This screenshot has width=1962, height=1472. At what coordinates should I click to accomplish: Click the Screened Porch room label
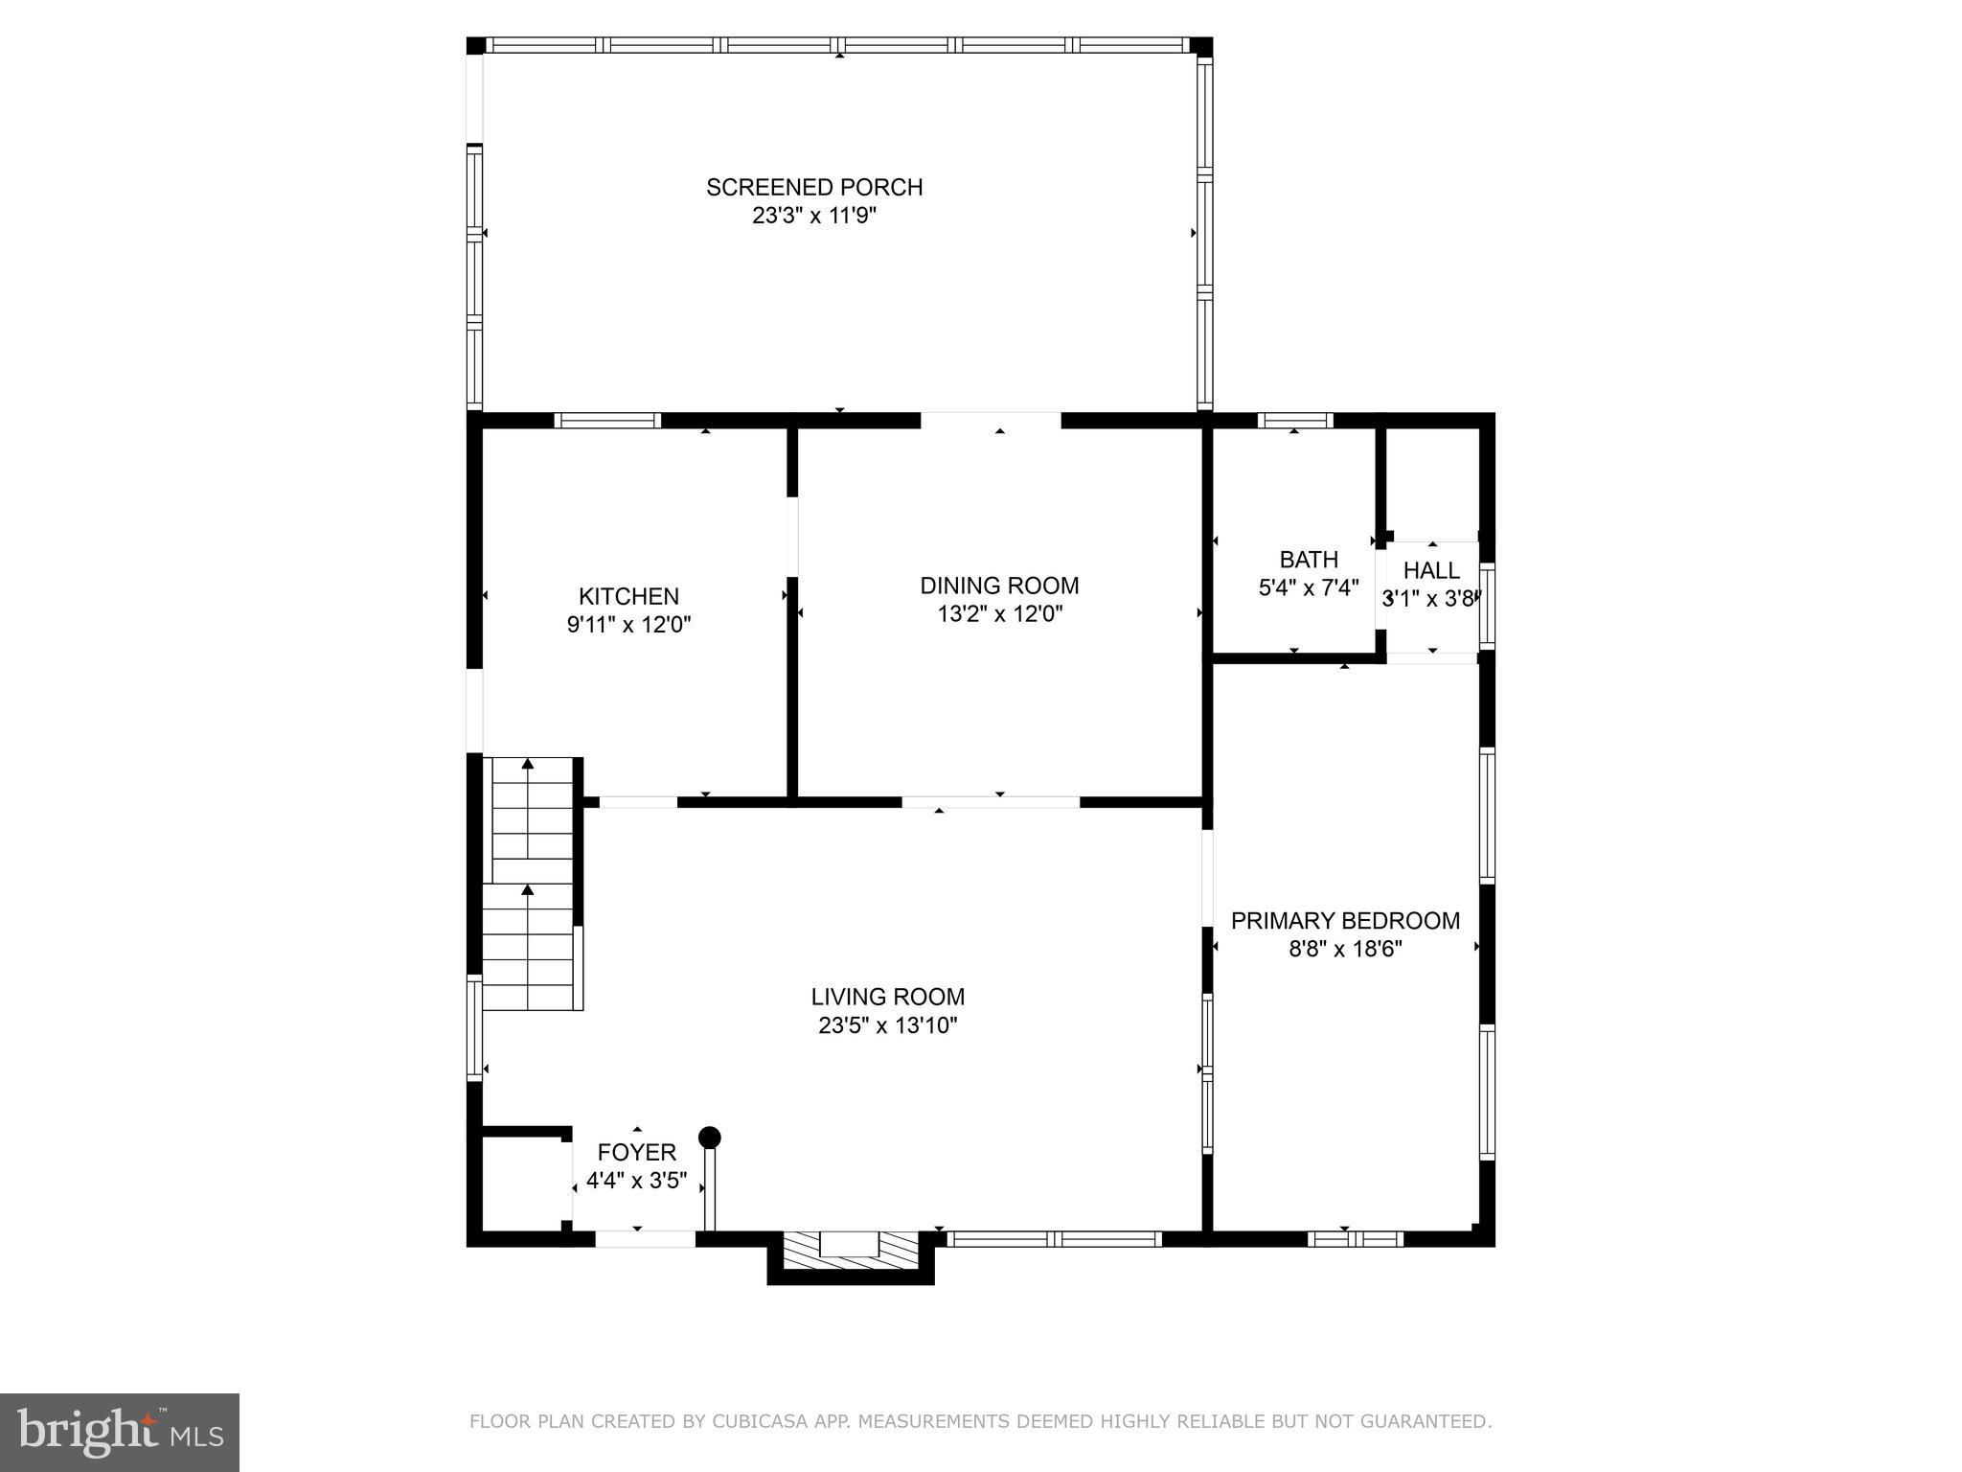tap(814, 187)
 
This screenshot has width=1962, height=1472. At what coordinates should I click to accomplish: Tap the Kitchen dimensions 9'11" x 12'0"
tap(629, 625)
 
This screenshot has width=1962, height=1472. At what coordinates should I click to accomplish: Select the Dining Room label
tap(999, 586)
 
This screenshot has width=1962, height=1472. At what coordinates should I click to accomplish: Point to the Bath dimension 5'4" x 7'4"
tap(1309, 587)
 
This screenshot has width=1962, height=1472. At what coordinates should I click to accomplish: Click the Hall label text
tap(1431, 570)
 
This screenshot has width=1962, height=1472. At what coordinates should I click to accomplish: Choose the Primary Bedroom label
tap(1345, 921)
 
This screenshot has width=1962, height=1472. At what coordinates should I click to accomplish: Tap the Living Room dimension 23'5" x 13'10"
tap(888, 1025)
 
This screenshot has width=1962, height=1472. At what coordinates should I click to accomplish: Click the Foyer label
tap(637, 1152)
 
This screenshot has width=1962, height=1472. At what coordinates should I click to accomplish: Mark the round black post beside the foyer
tap(709, 1138)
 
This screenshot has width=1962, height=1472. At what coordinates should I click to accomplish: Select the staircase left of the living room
tap(532, 883)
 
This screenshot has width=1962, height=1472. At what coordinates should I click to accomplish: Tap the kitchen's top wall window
tap(608, 420)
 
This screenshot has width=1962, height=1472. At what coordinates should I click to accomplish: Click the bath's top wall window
tap(1295, 420)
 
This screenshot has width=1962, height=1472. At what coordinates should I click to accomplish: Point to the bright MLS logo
tap(120, 1432)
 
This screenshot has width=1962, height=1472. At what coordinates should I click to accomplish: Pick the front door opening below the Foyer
tap(646, 1238)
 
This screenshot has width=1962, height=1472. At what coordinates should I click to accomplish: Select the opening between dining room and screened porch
tap(992, 420)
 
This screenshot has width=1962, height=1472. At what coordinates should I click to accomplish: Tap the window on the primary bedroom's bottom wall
tap(1356, 1238)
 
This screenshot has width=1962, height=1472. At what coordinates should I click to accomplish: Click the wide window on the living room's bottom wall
tap(1055, 1238)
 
